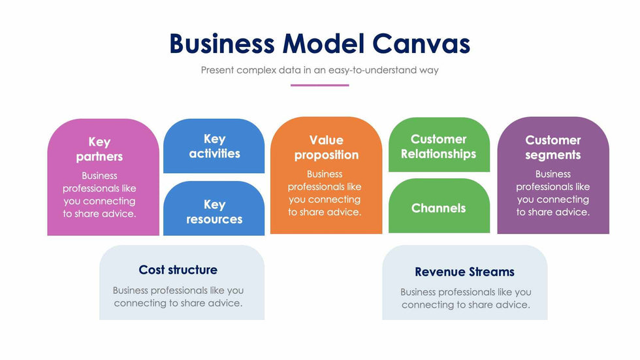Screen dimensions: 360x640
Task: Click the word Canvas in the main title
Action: point(421,44)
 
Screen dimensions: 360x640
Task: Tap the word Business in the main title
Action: point(221,44)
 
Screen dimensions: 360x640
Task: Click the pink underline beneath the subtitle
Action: point(319,85)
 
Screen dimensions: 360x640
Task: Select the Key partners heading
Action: point(99,149)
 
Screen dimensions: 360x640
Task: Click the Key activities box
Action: point(214,146)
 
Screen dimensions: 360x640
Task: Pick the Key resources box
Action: point(214,212)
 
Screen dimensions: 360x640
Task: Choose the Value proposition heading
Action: point(326,148)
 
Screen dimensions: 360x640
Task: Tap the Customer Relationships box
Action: point(439,146)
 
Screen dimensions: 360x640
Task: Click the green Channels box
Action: point(439,208)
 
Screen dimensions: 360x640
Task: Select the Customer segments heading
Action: point(552,148)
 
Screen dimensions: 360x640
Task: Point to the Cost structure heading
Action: point(178,270)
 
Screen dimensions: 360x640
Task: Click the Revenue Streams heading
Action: point(464,272)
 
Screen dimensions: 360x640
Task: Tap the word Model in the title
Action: point(323,44)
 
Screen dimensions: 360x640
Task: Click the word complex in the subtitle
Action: point(260,70)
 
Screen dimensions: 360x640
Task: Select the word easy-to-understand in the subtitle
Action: point(369,70)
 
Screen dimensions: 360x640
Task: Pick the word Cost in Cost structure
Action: point(151,270)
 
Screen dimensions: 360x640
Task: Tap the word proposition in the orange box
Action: point(326,155)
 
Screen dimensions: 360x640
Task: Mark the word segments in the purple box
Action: point(552,155)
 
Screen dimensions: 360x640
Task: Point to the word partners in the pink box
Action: point(99,157)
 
